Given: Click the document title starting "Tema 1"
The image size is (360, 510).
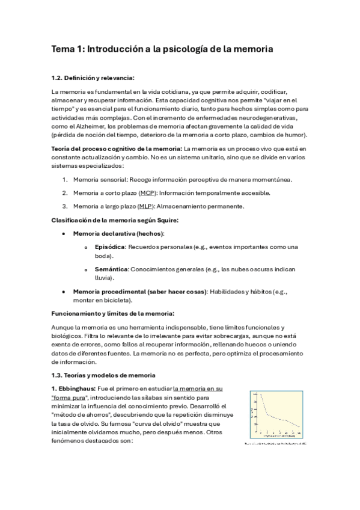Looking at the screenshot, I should coord(162,50).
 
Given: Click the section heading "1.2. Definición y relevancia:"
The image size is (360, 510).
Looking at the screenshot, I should coord(93,78).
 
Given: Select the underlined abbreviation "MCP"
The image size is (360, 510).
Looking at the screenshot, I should coord(147,192).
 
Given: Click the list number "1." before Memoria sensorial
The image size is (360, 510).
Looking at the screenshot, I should coord(66,179).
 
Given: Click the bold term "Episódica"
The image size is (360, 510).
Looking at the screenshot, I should coord(110,247).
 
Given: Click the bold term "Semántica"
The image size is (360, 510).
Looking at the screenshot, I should coord(111,269).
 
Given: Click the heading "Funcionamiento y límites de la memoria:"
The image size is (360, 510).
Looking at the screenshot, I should coord(113,313).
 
